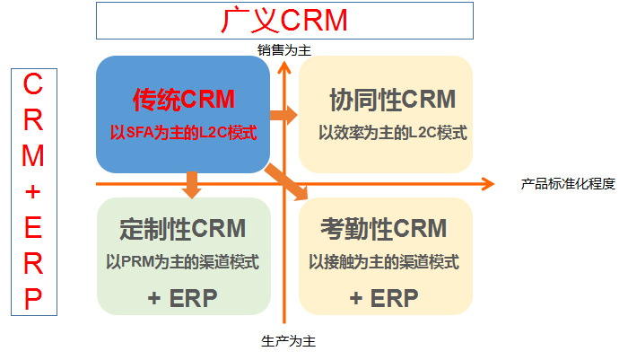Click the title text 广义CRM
click(283, 21)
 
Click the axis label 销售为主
click(284, 50)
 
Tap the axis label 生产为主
click(288, 341)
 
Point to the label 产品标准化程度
click(568, 184)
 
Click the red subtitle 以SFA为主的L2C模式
click(183, 133)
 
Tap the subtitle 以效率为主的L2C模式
click(392, 132)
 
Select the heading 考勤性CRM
click(383, 230)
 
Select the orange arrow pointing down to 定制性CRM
click(189, 186)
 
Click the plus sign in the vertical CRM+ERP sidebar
click(33, 192)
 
